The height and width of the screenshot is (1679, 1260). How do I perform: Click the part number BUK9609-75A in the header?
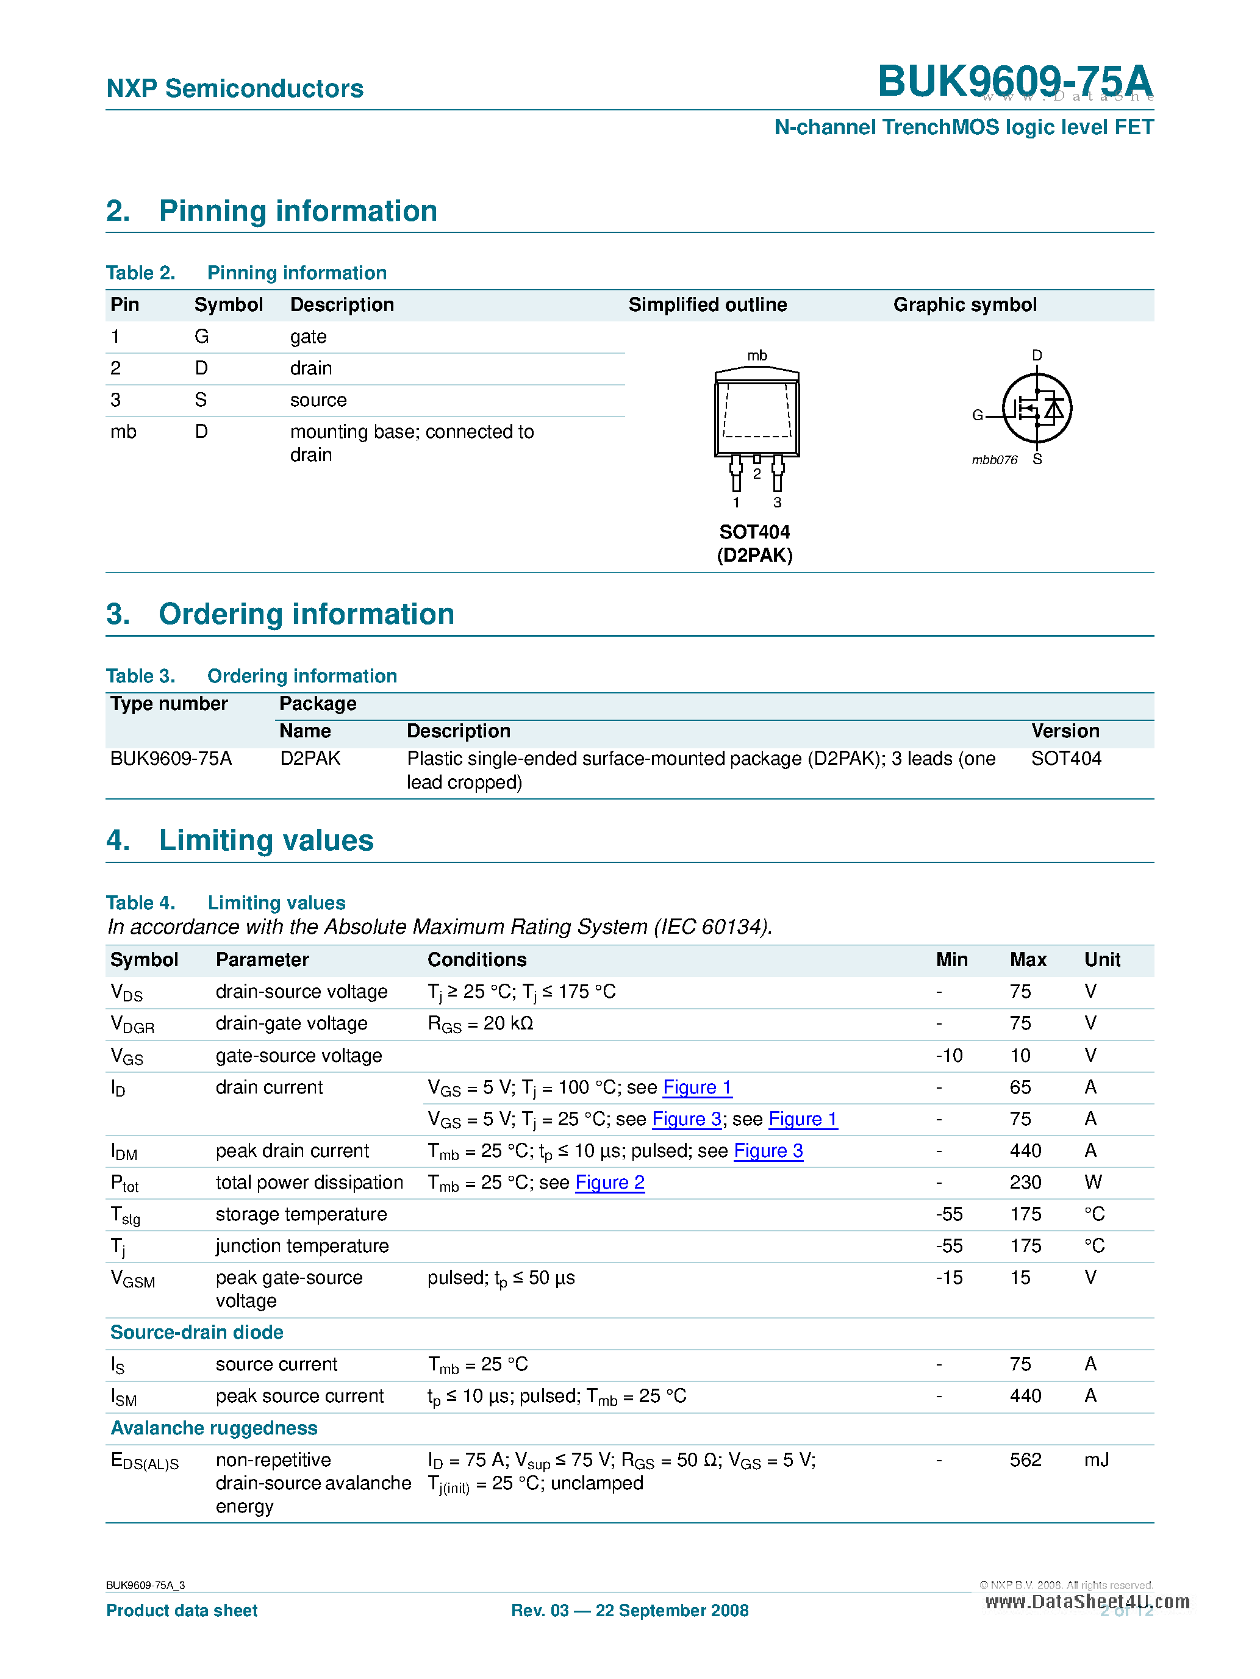(1014, 81)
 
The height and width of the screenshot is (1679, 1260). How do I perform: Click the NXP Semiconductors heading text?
(235, 89)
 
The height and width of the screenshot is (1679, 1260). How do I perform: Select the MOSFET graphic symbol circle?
(1036, 409)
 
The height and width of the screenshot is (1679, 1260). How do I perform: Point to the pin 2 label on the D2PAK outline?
(757, 474)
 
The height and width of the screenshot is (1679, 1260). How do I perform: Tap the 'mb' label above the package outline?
(757, 355)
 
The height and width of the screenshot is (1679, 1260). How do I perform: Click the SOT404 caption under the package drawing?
(754, 532)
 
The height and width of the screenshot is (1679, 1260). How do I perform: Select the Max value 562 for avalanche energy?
(1025, 1459)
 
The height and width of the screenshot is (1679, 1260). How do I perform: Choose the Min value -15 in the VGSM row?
(949, 1278)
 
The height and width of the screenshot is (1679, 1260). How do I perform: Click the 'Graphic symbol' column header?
(964, 305)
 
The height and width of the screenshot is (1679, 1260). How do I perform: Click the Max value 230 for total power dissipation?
(1025, 1183)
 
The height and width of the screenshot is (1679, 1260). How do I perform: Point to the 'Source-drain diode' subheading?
(196, 1332)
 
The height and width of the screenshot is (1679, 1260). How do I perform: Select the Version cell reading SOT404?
(1065, 758)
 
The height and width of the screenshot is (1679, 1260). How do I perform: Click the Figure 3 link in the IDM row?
(768, 1151)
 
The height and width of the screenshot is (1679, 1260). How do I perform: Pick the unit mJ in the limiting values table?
(1096, 1459)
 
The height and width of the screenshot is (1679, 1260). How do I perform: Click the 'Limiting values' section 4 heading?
(266, 840)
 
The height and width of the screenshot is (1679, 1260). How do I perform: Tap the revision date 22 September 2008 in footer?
(671, 1611)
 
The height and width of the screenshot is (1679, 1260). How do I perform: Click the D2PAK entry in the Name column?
(310, 758)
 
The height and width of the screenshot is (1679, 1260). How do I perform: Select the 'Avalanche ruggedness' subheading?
(214, 1428)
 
